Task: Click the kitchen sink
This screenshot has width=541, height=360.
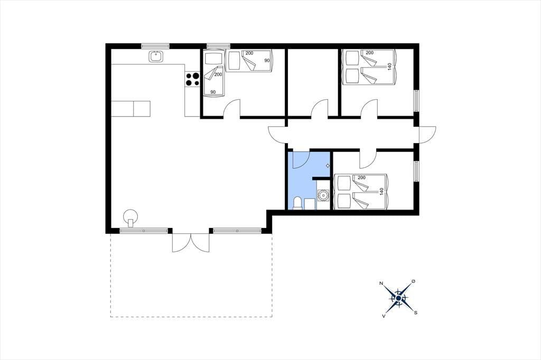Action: (156, 56)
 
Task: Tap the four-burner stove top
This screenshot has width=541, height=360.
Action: (192, 79)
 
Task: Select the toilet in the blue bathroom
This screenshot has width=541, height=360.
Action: (297, 203)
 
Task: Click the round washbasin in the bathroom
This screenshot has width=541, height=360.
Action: (323, 196)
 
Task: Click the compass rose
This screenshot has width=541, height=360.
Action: (398, 298)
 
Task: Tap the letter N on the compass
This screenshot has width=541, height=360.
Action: (381, 283)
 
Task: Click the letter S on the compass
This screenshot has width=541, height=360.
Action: (416, 313)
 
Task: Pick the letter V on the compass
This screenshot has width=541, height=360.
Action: (384, 316)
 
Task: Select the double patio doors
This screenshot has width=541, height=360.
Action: (191, 242)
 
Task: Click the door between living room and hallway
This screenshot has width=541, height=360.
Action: (277, 135)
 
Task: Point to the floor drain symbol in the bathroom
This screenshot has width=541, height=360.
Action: (328, 166)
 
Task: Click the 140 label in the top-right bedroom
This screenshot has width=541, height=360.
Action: (390, 67)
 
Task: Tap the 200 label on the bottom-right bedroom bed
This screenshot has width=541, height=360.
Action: (361, 177)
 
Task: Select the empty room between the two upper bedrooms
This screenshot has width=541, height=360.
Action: (312, 82)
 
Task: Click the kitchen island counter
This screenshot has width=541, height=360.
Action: (131, 109)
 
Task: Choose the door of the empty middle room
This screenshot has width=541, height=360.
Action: (320, 108)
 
